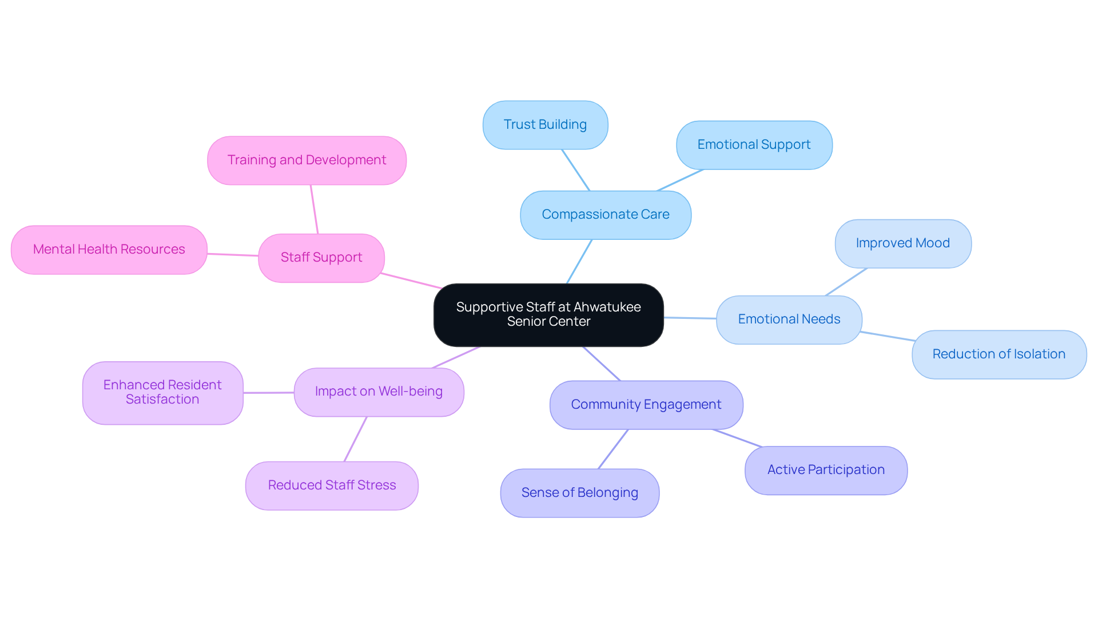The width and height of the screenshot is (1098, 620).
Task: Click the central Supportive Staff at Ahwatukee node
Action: [x=548, y=314]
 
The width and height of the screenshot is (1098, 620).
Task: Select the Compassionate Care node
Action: [x=606, y=215]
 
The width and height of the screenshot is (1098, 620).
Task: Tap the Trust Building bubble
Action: [x=545, y=125]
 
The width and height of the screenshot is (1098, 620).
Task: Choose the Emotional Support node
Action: [x=754, y=145]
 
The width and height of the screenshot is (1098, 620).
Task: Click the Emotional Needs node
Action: [x=789, y=319]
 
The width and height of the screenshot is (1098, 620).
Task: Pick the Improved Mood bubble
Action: [x=902, y=243]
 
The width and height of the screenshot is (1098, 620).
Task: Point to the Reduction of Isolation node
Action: [x=998, y=354]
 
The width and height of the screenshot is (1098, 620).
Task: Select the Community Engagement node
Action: [x=646, y=405]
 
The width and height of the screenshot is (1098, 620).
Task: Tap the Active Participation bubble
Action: [x=826, y=470]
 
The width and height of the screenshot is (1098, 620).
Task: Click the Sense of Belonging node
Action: [x=579, y=493]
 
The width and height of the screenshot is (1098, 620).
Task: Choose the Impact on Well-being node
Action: [x=379, y=392]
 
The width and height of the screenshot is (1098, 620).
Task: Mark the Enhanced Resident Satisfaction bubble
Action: [x=162, y=392]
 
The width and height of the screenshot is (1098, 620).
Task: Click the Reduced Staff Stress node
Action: [x=332, y=485]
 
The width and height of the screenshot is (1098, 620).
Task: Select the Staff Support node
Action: [x=321, y=258]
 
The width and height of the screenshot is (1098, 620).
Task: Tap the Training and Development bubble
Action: [x=307, y=160]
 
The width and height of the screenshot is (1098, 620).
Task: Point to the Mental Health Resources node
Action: [x=109, y=250]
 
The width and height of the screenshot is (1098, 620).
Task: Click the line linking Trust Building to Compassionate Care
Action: [x=575, y=170]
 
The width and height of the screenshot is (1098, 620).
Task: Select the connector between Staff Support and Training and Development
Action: [x=314, y=209]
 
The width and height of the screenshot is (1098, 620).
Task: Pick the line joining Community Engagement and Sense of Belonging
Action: [x=613, y=449]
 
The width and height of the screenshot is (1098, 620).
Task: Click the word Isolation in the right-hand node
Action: [x=1039, y=354]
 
